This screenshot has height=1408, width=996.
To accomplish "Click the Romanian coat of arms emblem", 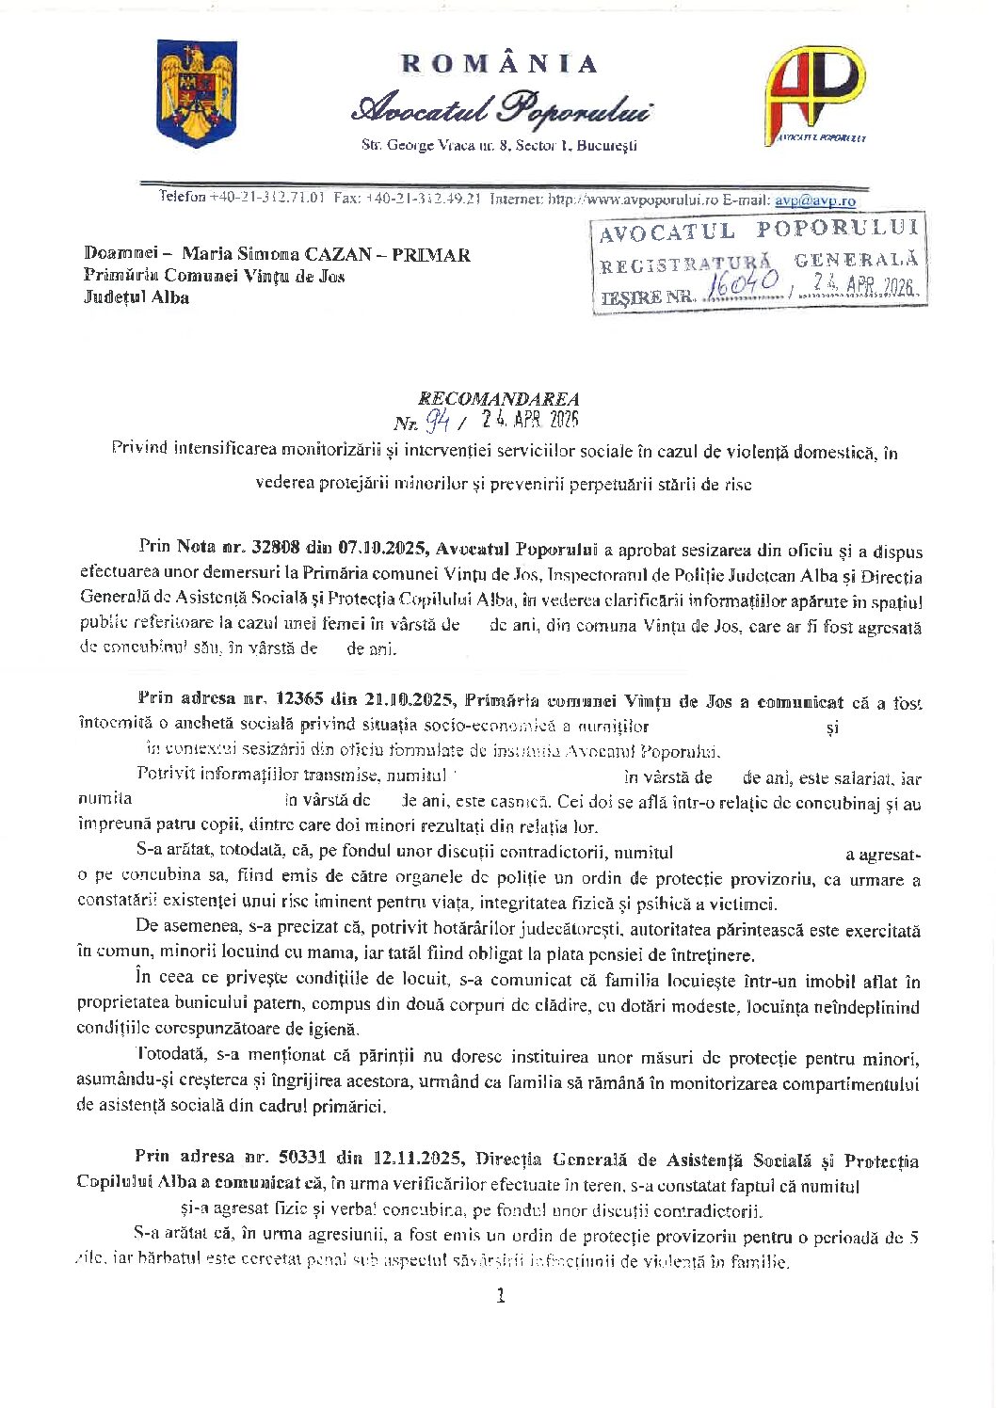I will coord(196,93).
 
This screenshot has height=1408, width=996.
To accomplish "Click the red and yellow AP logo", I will coord(813,94).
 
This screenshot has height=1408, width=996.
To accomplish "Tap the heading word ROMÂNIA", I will coord(499,64).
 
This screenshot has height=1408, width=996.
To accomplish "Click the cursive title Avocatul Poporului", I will coord(502,109).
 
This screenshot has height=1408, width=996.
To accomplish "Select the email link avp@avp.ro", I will coord(814,200).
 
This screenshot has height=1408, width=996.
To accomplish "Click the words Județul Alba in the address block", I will coord(137,297).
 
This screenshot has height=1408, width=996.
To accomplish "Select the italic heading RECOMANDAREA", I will coord(499,399).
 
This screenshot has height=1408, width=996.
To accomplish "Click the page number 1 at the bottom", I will coord(500,1295).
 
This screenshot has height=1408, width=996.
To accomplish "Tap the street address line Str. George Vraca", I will coord(499,146).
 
